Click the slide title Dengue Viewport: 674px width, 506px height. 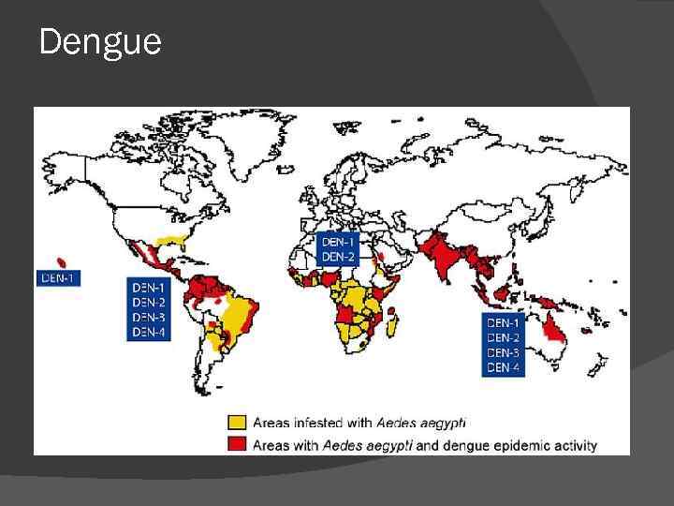[x=100, y=42]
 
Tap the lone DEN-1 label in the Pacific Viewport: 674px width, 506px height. [x=57, y=277]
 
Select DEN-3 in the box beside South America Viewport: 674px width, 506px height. [x=149, y=317]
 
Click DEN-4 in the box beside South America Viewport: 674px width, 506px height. [x=149, y=331]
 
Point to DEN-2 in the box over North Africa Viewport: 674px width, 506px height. [x=339, y=256]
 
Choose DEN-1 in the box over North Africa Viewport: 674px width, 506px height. [x=339, y=241]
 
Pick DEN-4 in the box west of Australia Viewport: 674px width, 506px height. [x=504, y=367]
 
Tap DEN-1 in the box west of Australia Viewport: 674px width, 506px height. [x=504, y=322]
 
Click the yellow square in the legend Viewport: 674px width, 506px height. [x=239, y=423]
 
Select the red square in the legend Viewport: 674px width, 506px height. [x=239, y=444]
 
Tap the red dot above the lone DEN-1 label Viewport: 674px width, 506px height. [x=62, y=261]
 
